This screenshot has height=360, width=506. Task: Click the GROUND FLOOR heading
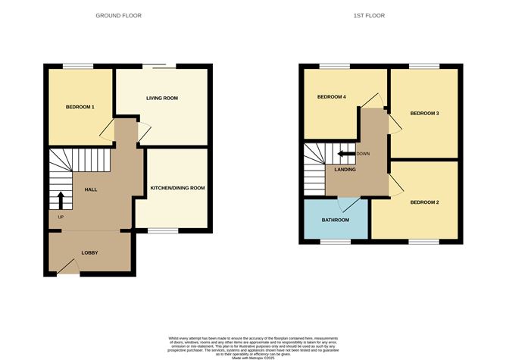coord(118,15)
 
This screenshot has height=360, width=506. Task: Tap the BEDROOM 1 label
coord(80,107)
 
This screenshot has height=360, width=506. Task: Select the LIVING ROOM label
coord(162,99)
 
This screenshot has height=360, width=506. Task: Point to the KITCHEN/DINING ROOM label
coord(177,187)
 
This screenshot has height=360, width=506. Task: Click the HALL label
coord(90,189)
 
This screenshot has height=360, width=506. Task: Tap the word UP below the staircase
coord(61,218)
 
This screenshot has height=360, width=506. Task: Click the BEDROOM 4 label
coord(330,97)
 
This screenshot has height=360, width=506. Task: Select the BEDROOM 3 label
coord(424,113)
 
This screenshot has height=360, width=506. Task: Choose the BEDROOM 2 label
coord(425,202)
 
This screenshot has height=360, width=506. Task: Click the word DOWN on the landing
coord(364,154)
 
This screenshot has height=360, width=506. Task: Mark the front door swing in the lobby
coord(70,265)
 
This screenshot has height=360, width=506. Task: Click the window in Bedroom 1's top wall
coord(73,67)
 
